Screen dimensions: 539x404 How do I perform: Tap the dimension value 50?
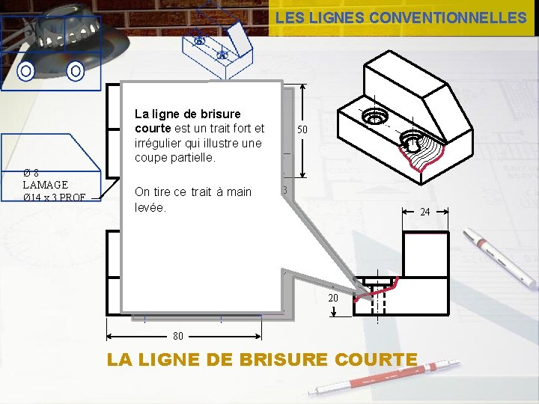pos(302,129)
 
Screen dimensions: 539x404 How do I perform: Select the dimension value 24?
pos(425,212)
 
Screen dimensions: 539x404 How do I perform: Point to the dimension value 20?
pos(334,298)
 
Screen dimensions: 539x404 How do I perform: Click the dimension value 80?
pos(179,336)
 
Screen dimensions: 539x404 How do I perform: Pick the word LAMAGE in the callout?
pos(46,184)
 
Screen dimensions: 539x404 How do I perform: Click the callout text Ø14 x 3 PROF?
pos(54,198)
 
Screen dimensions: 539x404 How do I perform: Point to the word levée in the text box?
pos(150,206)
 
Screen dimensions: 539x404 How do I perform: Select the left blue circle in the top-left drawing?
pos(26,72)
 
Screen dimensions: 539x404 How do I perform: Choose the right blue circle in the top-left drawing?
pos(75,72)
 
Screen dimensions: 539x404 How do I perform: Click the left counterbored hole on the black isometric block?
pos(374,117)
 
